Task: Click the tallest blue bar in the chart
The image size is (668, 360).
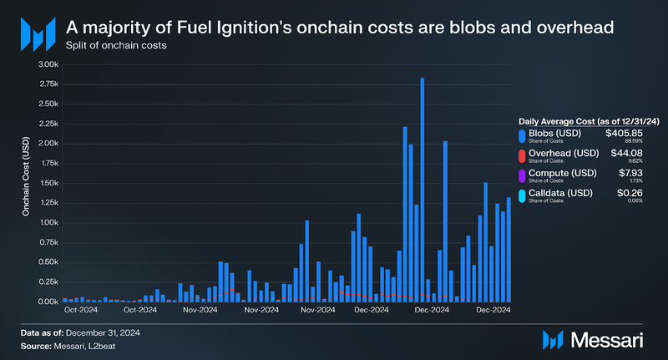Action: [423, 189]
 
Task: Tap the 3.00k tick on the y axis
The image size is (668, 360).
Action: [46, 64]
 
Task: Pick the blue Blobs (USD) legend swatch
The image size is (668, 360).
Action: [522, 135]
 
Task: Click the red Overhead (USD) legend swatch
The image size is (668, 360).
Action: [522, 155]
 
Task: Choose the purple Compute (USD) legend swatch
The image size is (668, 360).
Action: [522, 175]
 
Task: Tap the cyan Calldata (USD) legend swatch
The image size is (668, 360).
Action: [522, 195]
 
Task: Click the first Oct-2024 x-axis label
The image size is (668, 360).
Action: [81, 311]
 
